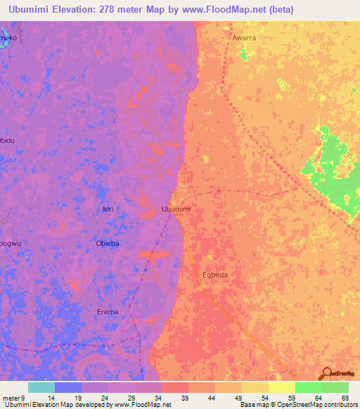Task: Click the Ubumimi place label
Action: (x=176, y=209)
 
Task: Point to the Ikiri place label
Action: (x=107, y=209)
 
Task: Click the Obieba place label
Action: (x=108, y=243)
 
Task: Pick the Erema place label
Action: (x=108, y=311)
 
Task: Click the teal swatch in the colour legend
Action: (x=41, y=387)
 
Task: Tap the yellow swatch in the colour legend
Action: (x=282, y=387)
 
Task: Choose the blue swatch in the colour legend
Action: (x=67, y=387)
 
